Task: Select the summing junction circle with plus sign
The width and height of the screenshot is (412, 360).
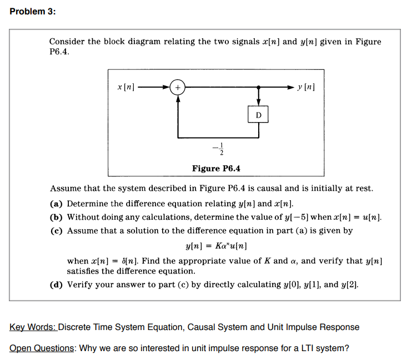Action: (178, 87)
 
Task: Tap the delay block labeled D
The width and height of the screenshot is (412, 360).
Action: (258, 115)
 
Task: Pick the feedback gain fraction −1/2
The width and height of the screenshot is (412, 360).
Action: (208, 150)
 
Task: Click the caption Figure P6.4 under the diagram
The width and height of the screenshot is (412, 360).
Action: (216, 169)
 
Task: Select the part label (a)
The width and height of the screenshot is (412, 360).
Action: (57, 204)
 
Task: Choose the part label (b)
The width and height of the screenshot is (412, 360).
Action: (57, 217)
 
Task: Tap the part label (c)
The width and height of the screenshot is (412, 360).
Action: (57, 230)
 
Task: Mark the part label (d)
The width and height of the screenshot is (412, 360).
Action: (57, 285)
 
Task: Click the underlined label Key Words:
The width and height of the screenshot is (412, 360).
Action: (33, 327)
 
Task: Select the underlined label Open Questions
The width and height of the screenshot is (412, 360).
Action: (42, 348)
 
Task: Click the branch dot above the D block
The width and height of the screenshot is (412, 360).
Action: (258, 87)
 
